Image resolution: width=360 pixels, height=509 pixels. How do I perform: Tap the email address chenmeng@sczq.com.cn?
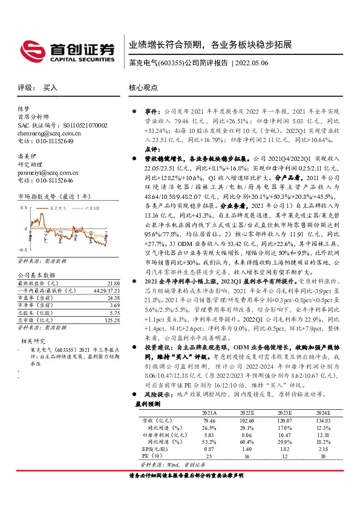point(45,133)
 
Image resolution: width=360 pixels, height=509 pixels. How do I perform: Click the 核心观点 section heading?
point(143,88)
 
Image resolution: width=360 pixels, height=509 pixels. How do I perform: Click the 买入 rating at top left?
point(50,88)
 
